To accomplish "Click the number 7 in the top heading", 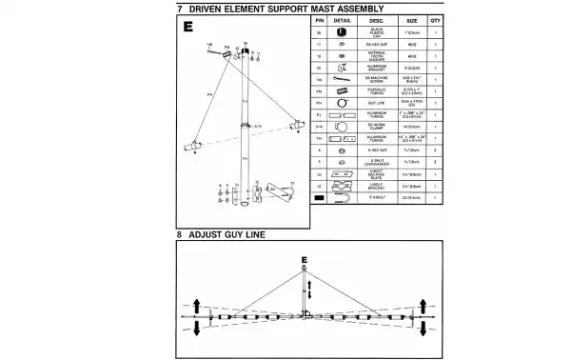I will click(179, 8).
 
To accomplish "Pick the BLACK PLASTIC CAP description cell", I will click(376, 31).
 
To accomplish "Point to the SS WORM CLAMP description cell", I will click(376, 126).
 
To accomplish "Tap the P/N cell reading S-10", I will click(320, 126).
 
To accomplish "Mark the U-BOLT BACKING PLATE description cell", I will click(376, 174).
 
